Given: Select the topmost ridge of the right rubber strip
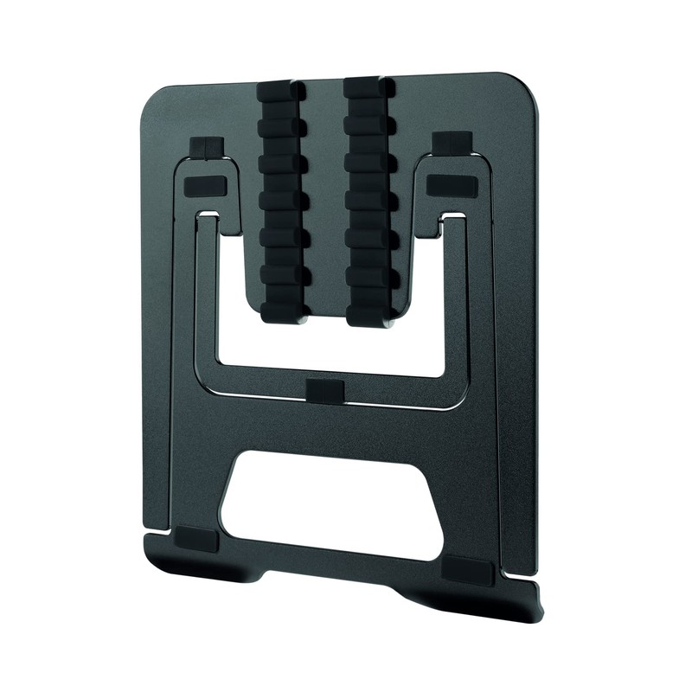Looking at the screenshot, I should pyautogui.click(x=368, y=89).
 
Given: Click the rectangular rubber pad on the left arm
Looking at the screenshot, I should pyautogui.click(x=204, y=184).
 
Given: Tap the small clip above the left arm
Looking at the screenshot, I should pyautogui.click(x=207, y=147).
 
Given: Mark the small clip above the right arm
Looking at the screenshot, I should pyautogui.click(x=452, y=142).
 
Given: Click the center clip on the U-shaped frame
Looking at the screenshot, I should pyautogui.click(x=325, y=388).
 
